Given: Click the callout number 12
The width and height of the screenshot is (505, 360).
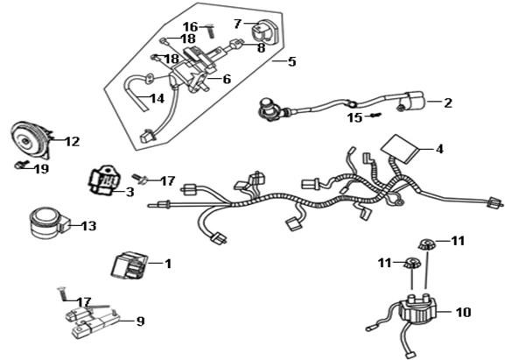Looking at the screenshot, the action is coord(72,141).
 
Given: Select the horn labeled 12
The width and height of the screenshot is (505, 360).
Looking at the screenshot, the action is coord(31,140).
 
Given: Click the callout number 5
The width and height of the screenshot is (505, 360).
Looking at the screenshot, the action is coord(291,61).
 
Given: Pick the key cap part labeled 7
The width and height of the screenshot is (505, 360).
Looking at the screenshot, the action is coord(263,32).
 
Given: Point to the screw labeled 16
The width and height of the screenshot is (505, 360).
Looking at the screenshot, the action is coord(210,32).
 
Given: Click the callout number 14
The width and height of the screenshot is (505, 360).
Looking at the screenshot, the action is coord(158,99).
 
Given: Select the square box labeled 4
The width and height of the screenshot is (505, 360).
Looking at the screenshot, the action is coord(400,148).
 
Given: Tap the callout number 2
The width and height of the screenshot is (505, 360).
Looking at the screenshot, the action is coord(447,102).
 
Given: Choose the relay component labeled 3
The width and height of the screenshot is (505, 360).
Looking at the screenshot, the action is coord(102,180).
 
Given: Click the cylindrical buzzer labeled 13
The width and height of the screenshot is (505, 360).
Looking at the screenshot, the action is coord(48,223).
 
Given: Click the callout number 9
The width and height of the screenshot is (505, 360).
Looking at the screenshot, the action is coord(140,321).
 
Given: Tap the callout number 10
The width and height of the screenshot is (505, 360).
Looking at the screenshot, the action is coord(463,312).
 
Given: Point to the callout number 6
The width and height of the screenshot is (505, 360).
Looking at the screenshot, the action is coord(227,79).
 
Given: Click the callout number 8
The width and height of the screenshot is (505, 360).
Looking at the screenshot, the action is coord(261,48).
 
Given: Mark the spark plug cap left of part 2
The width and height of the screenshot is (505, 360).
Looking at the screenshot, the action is coord(270,109).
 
